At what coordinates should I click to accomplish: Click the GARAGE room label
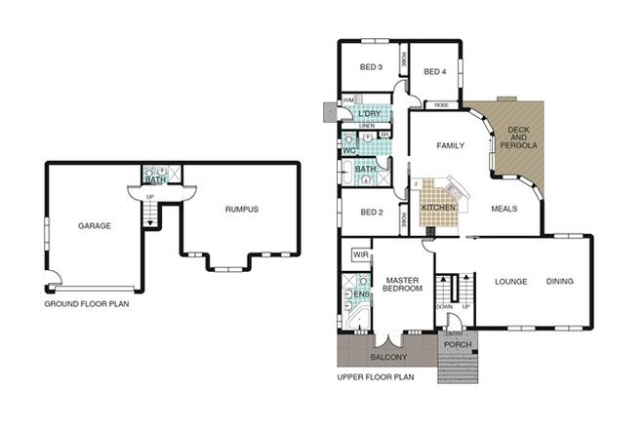[95, 225]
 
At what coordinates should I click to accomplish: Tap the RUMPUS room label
[242, 208]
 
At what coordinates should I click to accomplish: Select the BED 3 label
[370, 67]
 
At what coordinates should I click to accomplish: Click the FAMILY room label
[448, 146]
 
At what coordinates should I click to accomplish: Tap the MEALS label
[504, 207]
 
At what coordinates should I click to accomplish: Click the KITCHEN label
[437, 209]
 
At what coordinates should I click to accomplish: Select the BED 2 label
[371, 212]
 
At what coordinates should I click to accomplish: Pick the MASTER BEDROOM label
[402, 283]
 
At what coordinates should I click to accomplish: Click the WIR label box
[359, 254]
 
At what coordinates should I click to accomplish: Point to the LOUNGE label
[510, 283]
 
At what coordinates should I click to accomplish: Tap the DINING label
[560, 283]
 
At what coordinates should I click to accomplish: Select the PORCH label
[458, 345]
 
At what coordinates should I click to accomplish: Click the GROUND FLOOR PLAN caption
[87, 304]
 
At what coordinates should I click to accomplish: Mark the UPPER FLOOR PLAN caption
[375, 376]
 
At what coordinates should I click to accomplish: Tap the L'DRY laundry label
[369, 114]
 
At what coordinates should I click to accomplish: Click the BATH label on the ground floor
[155, 180]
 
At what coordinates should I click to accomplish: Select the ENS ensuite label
[361, 294]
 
